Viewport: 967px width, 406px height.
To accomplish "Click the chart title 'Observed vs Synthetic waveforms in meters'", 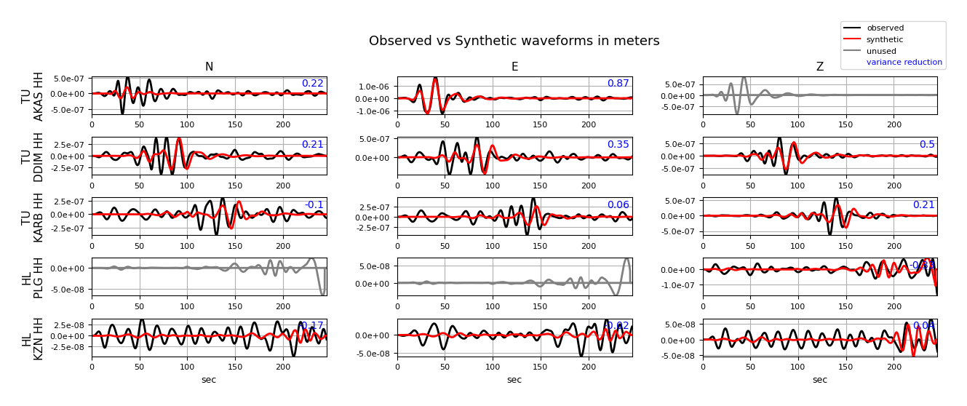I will (x=514, y=41).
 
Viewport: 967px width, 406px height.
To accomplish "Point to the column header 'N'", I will (x=209, y=67).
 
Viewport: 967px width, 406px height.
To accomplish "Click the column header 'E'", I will (x=514, y=67).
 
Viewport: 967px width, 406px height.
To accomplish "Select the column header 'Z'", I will (x=819, y=67).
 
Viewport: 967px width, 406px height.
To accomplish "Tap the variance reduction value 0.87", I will (x=618, y=84).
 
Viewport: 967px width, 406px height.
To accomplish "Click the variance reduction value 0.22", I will (x=312, y=84).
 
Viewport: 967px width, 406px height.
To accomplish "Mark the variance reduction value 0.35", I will (x=618, y=145).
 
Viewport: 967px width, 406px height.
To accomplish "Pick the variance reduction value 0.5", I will (x=926, y=145).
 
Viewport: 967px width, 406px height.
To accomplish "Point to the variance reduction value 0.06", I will (x=618, y=205).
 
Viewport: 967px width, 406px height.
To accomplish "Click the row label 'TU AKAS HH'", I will (x=33, y=96).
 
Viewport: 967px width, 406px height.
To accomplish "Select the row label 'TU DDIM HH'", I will (x=33, y=156).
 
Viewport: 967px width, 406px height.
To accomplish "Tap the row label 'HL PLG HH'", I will (x=33, y=277).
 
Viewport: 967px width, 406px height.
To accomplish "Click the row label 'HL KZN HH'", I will (x=33, y=338).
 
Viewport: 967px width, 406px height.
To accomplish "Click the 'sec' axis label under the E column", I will (x=514, y=380).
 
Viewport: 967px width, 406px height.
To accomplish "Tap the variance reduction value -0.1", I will (x=314, y=205).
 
